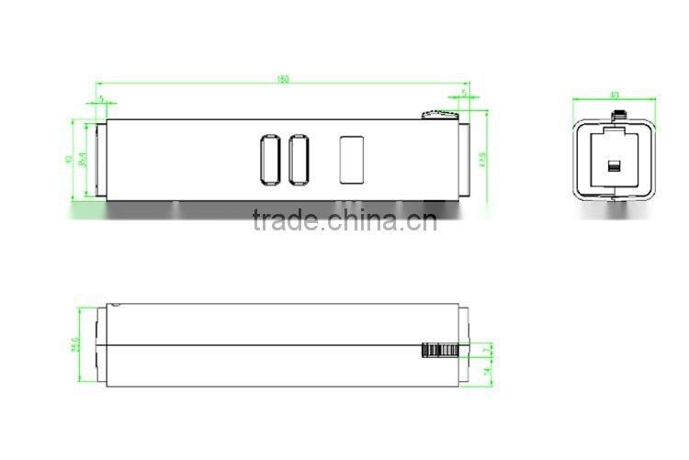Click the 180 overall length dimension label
click(283, 80)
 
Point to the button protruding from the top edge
click(439, 115)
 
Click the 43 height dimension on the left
click(68, 159)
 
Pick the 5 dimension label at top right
click(465, 93)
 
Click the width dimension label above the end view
click(615, 95)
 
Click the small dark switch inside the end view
click(614, 166)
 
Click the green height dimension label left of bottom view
click(73, 345)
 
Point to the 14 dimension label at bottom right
click(487, 372)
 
